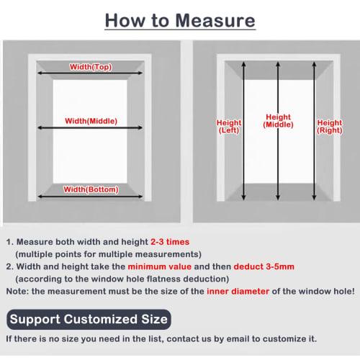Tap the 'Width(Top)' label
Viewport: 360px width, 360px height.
pos(91,66)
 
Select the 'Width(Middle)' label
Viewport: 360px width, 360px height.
pos(91,120)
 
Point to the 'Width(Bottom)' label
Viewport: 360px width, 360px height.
pos(91,189)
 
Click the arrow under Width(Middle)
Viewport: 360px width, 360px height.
pos(91,130)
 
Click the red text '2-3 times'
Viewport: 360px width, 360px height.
pos(180,243)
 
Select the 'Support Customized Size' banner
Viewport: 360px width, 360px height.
pos(90,318)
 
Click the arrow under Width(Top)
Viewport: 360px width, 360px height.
pos(91,73)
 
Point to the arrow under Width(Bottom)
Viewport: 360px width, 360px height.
pos(91,197)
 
